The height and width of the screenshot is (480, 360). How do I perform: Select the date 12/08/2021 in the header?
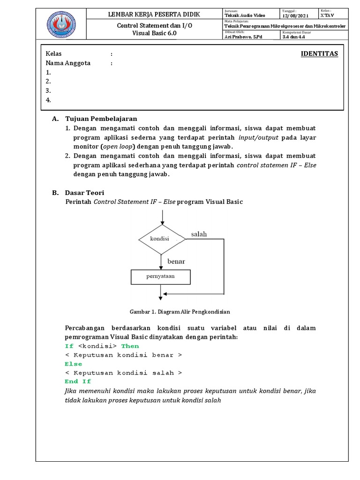(x=295, y=15)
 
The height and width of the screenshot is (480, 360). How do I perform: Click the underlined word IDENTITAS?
(x=319, y=53)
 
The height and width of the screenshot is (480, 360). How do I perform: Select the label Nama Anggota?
(x=68, y=63)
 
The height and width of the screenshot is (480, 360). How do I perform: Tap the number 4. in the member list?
(x=48, y=99)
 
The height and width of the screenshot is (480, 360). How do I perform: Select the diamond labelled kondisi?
(x=161, y=239)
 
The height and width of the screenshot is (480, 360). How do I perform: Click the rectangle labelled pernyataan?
(x=161, y=277)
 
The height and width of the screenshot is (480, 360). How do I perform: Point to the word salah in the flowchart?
(x=199, y=234)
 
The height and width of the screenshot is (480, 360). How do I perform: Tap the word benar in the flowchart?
(x=176, y=261)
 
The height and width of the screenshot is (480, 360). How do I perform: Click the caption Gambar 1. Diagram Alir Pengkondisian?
(x=180, y=311)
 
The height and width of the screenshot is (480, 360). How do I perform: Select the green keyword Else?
(x=73, y=364)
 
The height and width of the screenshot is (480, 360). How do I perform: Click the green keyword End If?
(x=78, y=382)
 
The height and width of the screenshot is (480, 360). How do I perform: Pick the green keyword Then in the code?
(x=130, y=346)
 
